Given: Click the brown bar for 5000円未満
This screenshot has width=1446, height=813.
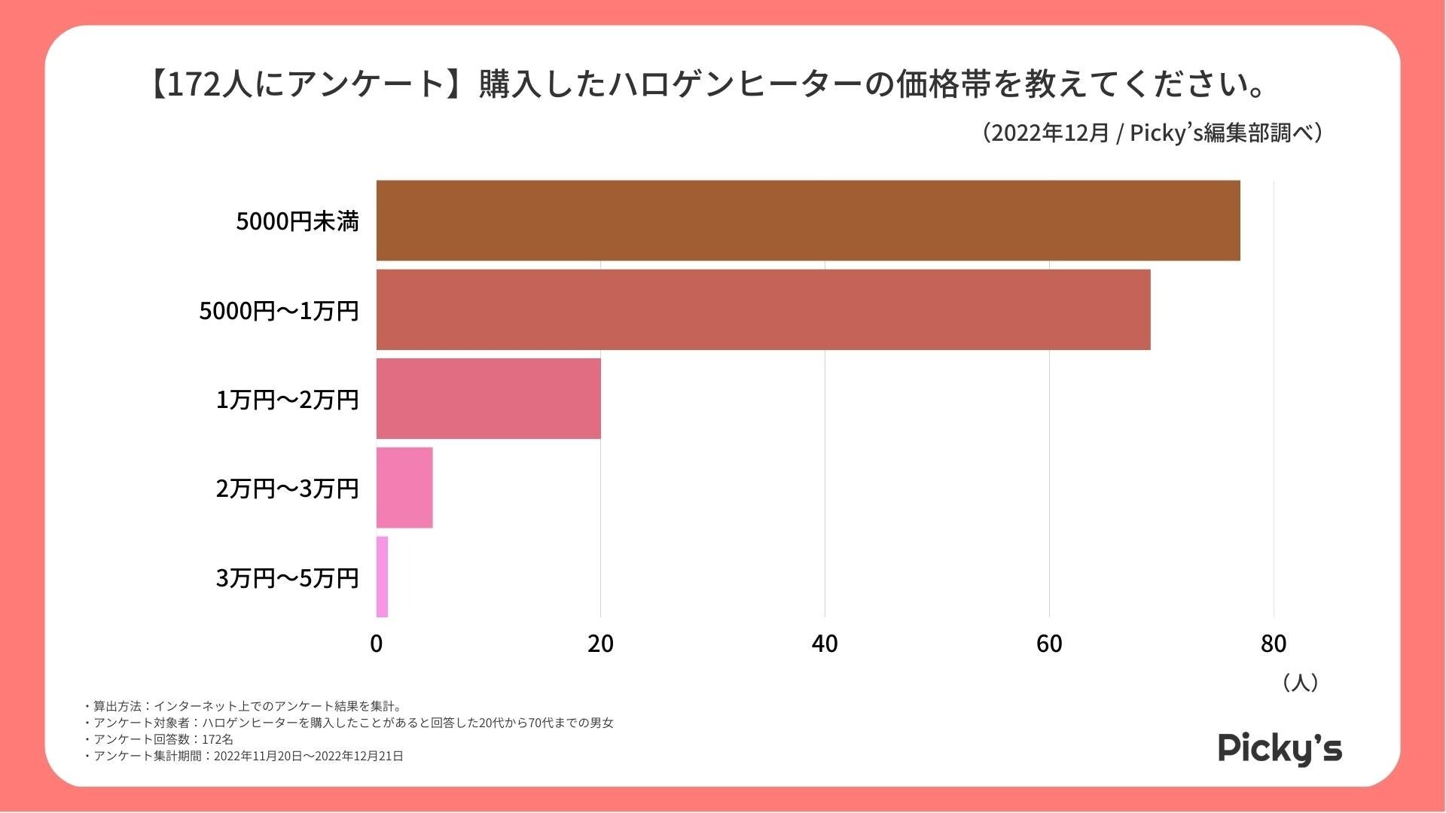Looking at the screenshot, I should point(807,221).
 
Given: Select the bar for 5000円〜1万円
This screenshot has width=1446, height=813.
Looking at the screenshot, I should point(763,309).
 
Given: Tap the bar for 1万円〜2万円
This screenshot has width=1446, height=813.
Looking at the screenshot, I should point(488,398).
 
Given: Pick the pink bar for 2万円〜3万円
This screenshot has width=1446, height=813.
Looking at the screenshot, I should point(404,488).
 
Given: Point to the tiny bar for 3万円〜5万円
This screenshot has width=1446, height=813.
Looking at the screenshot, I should point(382,577).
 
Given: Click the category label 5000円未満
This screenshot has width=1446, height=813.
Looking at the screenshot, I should point(297,221).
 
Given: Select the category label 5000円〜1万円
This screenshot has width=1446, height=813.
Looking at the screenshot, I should point(279,310).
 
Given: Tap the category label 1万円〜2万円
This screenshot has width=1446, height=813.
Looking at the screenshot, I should point(287,400).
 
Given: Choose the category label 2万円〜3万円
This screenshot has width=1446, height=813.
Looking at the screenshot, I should point(287,489).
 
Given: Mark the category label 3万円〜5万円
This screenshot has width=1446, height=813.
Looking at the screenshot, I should point(287,578).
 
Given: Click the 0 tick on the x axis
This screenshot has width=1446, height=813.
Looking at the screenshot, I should point(377,644).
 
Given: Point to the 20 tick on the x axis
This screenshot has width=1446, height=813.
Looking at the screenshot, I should point(600,644).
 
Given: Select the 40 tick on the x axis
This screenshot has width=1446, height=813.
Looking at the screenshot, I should point(825,644).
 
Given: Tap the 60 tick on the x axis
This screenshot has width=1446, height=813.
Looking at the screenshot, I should point(1049,644).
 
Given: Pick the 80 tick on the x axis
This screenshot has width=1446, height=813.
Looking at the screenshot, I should point(1274,644).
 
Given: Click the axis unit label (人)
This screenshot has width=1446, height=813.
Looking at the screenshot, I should point(1300,683).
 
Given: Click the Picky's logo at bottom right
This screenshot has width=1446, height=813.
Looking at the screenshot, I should point(1280,748).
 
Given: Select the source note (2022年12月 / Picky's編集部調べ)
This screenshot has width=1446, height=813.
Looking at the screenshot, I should point(1152,133).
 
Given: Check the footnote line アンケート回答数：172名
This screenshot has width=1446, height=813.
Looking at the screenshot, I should point(162,739).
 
